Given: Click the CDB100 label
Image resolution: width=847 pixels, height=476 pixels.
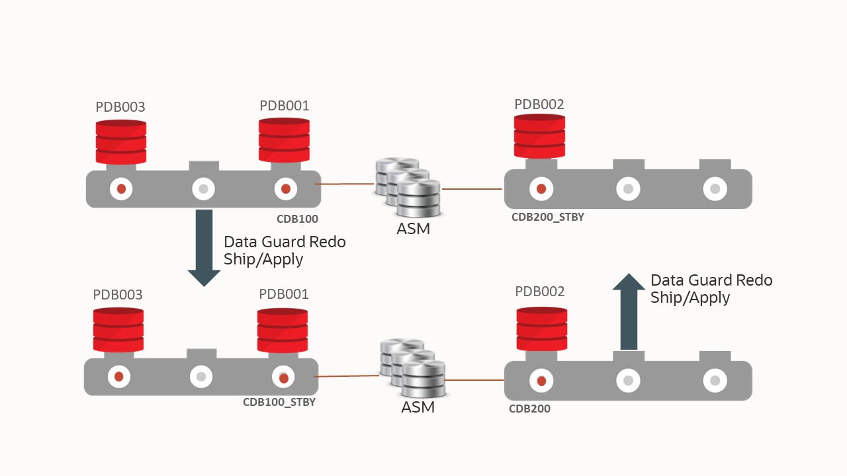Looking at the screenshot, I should [x=297, y=219].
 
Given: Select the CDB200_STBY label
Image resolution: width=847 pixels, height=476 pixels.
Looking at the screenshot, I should [x=547, y=217].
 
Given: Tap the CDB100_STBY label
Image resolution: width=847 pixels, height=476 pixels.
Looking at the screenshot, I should [x=279, y=402].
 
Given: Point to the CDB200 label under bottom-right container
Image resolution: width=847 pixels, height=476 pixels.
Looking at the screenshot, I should [x=529, y=409].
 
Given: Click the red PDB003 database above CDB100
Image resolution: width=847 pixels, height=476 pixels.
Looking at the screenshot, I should [x=121, y=142].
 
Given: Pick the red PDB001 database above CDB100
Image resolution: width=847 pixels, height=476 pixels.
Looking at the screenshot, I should [x=284, y=140].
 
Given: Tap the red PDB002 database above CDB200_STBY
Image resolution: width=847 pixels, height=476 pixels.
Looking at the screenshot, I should [x=539, y=137].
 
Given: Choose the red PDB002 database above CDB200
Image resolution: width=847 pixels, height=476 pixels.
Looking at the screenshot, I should [x=541, y=329].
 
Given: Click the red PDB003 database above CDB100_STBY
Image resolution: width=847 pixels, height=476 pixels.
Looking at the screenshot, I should [x=118, y=330].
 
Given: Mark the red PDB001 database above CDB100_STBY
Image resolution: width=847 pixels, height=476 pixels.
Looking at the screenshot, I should [x=283, y=330].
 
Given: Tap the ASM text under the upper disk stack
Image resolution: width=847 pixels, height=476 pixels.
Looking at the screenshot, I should [x=413, y=229].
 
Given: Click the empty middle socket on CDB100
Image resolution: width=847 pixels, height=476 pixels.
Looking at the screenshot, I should [x=203, y=189].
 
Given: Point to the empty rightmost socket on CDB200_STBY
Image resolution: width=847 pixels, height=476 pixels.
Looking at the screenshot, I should [x=715, y=189].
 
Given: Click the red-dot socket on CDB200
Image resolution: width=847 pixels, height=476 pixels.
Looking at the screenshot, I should [x=541, y=381].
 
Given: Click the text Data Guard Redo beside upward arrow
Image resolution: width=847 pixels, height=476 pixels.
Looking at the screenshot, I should [x=711, y=280].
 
